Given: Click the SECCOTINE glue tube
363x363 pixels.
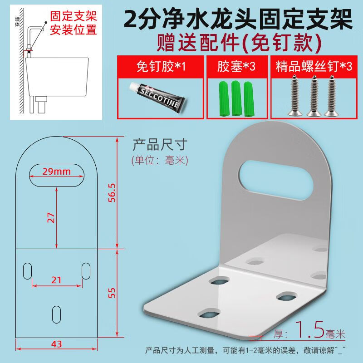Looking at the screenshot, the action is click(x=157, y=97).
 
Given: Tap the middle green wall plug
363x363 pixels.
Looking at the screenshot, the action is click(x=236, y=98).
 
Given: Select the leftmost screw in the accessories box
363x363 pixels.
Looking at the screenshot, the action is click(x=294, y=95).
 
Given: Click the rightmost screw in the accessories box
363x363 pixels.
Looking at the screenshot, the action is click(x=332, y=95).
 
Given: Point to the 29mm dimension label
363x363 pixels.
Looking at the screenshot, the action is click(x=56, y=172).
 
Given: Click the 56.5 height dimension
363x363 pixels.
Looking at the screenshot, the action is click(x=112, y=192).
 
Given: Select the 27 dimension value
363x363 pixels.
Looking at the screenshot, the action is click(x=51, y=218).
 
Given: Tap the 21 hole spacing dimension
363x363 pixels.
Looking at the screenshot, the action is click(x=56, y=280).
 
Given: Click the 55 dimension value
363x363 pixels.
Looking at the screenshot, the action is click(x=112, y=293).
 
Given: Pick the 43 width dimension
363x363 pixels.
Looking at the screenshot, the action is click(x=56, y=344).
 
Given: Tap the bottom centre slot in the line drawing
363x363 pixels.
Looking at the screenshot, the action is click(x=56, y=314).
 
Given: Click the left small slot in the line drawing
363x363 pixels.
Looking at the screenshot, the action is click(x=28, y=271).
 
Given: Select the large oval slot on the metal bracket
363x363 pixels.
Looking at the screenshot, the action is click(x=276, y=179).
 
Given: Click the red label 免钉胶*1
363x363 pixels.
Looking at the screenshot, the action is click(x=161, y=67).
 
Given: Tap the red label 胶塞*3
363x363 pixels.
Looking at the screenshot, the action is click(x=236, y=66).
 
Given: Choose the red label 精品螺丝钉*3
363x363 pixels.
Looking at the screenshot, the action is click(x=314, y=66).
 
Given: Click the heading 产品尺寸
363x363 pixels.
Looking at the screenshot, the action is click(x=160, y=145).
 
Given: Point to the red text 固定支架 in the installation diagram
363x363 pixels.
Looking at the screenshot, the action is click(x=74, y=16).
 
